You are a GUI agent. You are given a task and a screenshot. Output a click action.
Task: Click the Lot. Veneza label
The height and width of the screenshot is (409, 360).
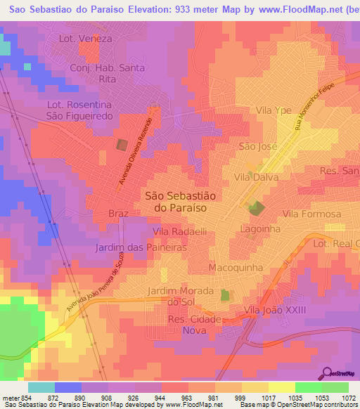86,39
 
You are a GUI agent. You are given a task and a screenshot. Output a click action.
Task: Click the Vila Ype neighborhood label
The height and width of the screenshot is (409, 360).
274,110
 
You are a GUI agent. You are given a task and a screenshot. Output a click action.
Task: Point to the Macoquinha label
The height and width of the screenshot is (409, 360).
236,268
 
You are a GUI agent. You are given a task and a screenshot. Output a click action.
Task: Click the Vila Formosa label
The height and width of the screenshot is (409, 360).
311,214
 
